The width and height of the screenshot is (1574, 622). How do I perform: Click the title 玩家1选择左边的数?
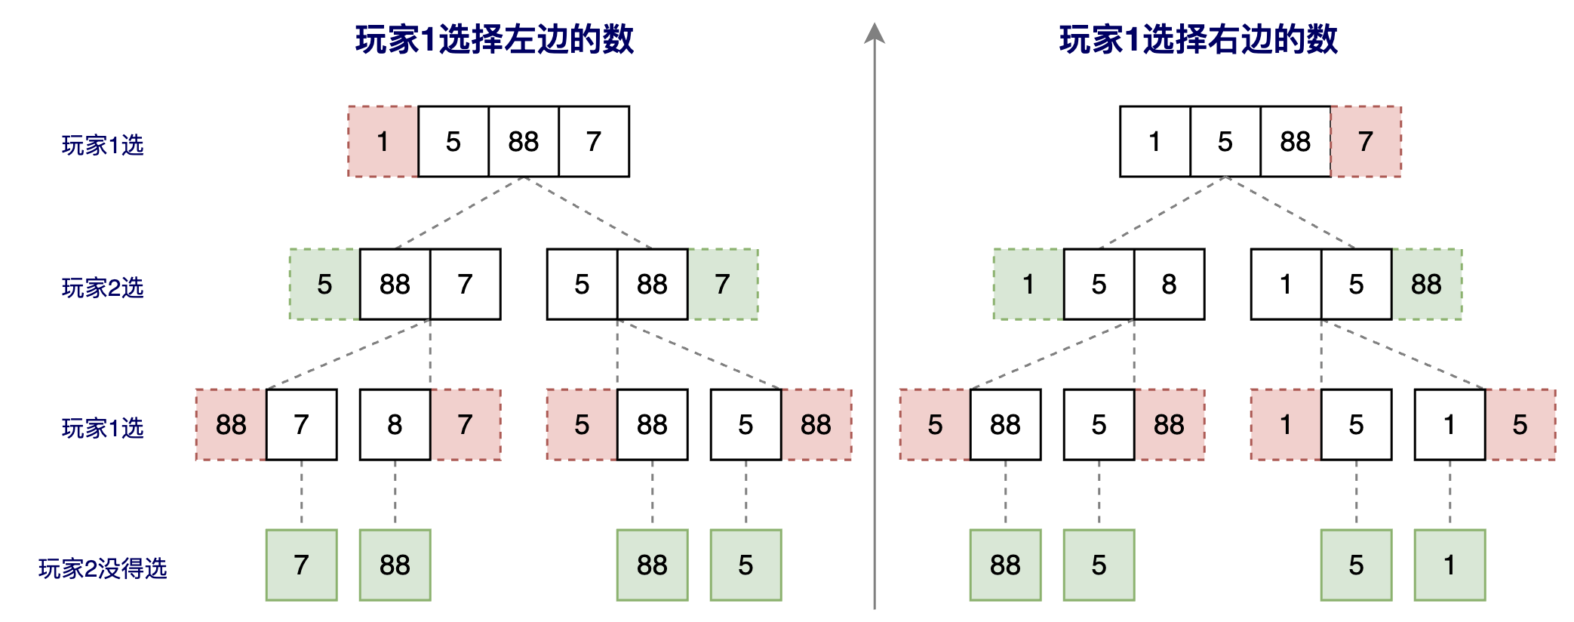coord(494,39)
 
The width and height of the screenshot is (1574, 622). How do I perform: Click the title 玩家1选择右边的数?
coord(1198,39)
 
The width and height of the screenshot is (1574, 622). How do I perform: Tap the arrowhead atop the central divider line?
coord(875,33)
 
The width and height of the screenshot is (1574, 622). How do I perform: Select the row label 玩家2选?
coord(103,288)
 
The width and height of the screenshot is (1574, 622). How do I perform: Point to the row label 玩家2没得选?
coord(103,568)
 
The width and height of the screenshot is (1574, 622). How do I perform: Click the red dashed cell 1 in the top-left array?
coord(383,142)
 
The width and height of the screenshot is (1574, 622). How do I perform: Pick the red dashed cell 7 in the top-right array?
coord(1366,142)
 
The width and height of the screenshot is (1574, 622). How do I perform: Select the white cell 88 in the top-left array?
coord(524,142)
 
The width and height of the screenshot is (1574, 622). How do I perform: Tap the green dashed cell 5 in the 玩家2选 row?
coord(324,285)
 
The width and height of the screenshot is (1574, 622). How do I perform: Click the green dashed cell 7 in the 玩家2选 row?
coord(723,285)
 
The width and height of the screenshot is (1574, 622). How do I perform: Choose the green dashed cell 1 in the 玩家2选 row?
coord(1028,285)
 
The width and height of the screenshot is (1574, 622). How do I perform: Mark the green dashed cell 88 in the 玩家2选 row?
coord(1427,285)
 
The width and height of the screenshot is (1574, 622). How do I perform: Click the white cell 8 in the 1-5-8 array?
coord(1169,285)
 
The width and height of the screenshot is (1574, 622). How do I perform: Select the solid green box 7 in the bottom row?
coord(302,565)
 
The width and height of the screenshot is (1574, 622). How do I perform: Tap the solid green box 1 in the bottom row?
coord(1449,565)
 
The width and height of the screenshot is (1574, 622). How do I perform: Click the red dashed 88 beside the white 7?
coord(231,425)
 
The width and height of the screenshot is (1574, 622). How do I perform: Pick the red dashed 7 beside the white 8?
coord(466,425)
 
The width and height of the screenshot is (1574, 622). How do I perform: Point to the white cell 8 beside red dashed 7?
coord(395,425)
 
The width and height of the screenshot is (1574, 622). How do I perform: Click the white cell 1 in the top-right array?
coord(1154,142)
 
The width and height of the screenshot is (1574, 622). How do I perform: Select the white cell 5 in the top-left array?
coord(453,142)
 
